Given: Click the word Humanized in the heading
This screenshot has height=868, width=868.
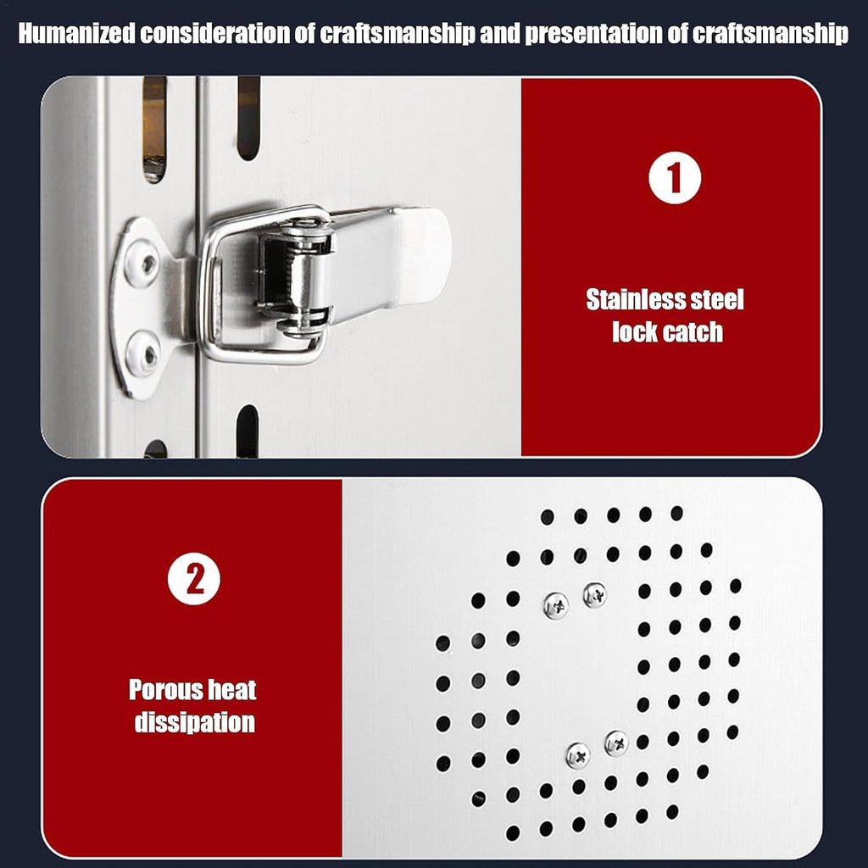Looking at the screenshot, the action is click(77, 34).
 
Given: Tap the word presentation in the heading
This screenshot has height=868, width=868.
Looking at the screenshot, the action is click(593, 35).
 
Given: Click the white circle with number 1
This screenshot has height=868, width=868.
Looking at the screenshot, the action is click(674, 178).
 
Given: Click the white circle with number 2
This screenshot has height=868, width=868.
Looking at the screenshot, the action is click(194, 578).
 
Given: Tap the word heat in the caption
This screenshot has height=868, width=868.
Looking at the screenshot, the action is click(232, 690).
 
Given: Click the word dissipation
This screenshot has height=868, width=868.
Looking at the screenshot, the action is click(195, 723).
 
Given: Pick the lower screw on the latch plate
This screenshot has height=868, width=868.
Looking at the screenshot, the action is click(143, 353).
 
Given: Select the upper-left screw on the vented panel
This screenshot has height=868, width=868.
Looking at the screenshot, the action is click(556, 605).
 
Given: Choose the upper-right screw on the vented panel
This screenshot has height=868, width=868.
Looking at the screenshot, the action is click(594, 595).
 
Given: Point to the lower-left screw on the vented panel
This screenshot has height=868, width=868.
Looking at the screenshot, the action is click(578, 755).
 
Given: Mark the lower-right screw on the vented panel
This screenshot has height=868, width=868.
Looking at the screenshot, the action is click(616, 743).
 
